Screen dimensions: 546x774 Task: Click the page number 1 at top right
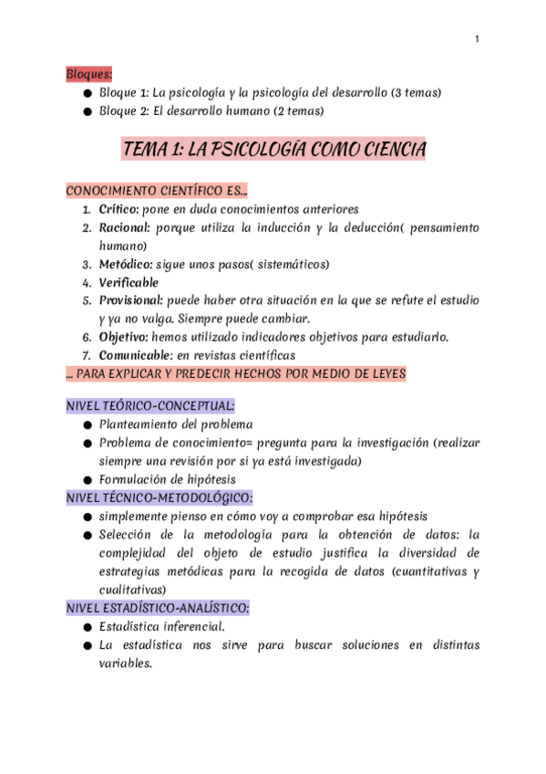click(477, 38)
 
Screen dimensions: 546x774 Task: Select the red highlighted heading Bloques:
click(88, 73)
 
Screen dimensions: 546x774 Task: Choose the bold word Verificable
click(129, 282)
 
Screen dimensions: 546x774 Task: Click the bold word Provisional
click(130, 300)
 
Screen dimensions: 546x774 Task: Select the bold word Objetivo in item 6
click(123, 337)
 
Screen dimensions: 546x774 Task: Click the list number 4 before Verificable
click(86, 282)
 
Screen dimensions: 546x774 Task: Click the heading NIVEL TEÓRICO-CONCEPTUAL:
click(150, 406)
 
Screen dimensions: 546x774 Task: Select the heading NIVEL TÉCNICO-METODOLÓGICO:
click(160, 497)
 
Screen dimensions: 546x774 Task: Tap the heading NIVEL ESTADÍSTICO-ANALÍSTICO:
click(158, 607)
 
